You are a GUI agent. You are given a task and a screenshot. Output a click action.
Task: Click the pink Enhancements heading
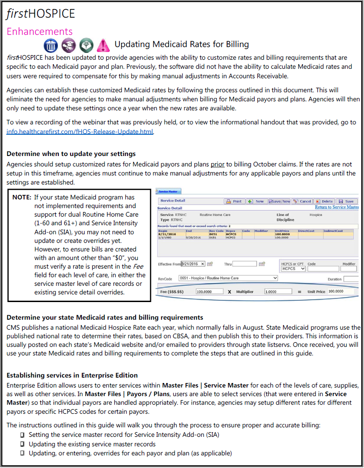39,31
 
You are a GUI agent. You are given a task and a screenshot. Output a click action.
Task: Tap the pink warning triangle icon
104,45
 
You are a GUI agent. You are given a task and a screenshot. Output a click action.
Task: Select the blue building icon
51,45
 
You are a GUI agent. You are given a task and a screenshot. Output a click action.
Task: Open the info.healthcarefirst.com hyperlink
80,132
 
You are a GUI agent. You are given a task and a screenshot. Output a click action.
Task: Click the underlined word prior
217,164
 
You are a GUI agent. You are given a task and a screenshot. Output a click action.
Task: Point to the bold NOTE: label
22,197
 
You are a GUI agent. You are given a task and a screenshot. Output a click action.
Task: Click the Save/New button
279,201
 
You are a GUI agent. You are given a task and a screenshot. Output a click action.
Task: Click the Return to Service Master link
336,207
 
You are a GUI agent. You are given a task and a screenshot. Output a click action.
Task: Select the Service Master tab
168,192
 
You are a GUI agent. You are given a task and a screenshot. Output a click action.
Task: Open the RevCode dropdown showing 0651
228,278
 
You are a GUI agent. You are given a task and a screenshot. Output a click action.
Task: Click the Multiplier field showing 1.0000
278,292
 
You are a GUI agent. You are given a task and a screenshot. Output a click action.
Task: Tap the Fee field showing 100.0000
209,292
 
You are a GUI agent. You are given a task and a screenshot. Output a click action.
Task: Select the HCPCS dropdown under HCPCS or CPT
293,269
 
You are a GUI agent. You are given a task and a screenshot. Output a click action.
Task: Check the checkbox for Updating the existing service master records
22,444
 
